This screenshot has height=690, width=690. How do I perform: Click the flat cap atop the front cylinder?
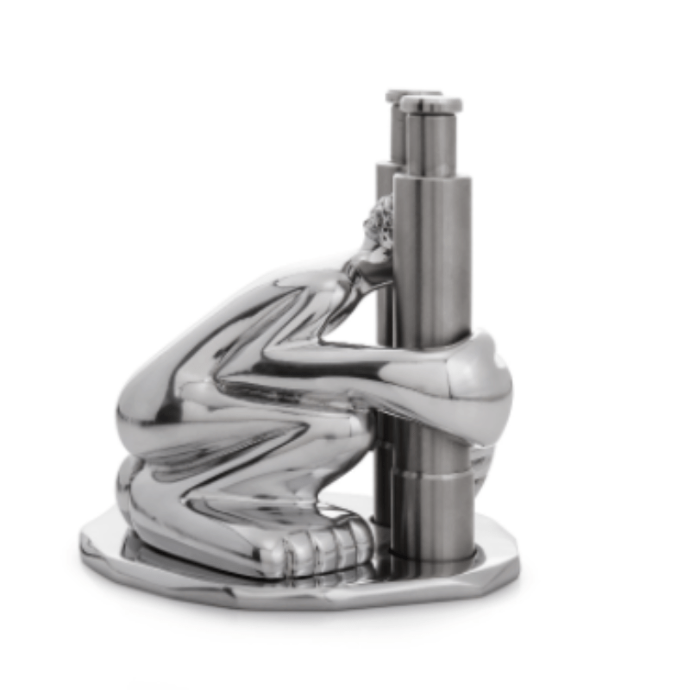tap(430, 104)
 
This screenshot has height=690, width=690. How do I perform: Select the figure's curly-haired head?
tap(379, 224)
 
